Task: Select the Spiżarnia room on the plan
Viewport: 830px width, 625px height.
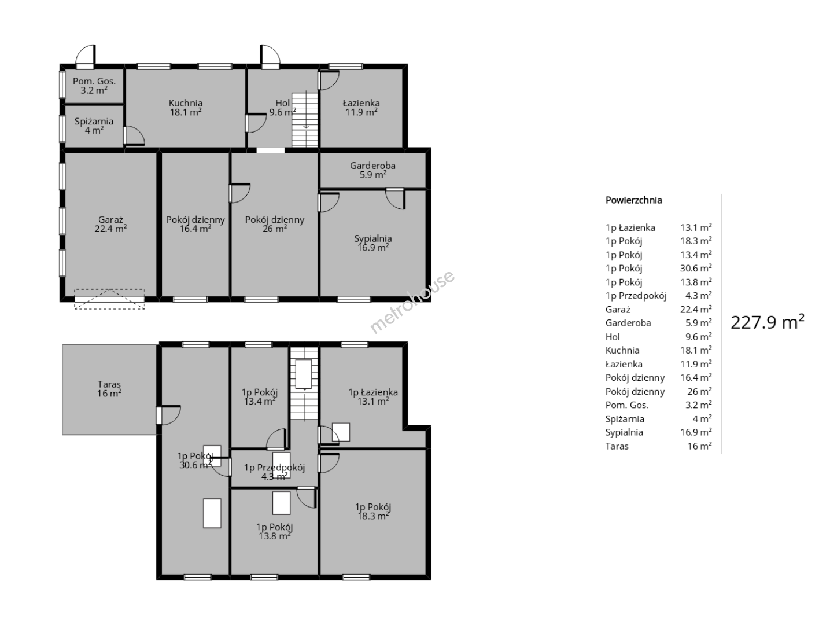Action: pyautogui.click(x=94, y=126)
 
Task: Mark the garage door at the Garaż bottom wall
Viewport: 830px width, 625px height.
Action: pyautogui.click(x=109, y=299)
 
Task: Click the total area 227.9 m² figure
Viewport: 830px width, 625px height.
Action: pyautogui.click(x=767, y=322)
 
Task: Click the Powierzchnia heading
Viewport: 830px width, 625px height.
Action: pyautogui.click(x=634, y=200)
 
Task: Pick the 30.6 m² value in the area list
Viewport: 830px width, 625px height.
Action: pyautogui.click(x=696, y=269)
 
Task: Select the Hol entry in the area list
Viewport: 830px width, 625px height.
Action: pyautogui.click(x=613, y=337)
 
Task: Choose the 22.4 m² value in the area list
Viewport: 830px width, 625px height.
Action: pyautogui.click(x=696, y=310)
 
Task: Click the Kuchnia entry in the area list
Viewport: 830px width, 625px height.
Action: pyautogui.click(x=622, y=350)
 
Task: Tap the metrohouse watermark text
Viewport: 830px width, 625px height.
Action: pyautogui.click(x=412, y=302)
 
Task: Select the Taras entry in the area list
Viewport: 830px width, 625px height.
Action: pyautogui.click(x=617, y=446)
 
